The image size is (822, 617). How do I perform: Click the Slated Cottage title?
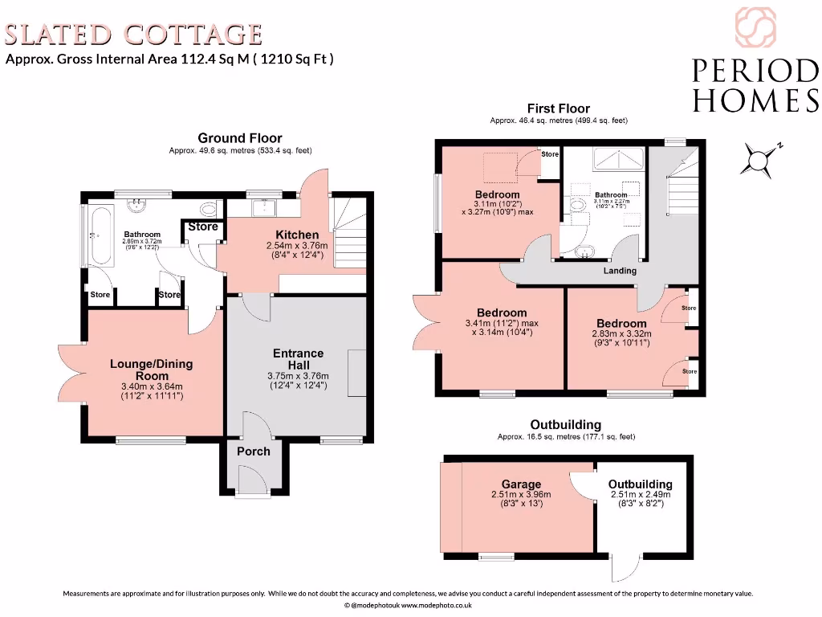coord(134,35)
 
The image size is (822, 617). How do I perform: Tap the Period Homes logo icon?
coord(755,27)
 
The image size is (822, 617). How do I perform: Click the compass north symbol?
coord(759,158)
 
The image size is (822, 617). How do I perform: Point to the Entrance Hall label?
coord(298,359)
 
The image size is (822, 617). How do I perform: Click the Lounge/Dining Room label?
coord(151,370)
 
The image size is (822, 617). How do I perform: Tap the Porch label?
coord(253,451)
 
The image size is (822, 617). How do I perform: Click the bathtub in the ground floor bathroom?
coord(100,237)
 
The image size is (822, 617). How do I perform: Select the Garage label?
coord(518,484)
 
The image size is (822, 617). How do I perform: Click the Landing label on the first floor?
coord(620,271)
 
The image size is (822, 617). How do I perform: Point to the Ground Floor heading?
coord(240,138)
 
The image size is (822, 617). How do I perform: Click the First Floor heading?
coord(558,108)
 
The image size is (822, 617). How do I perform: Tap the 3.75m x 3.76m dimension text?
coord(298,376)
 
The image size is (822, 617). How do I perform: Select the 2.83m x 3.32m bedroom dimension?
coord(621,334)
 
